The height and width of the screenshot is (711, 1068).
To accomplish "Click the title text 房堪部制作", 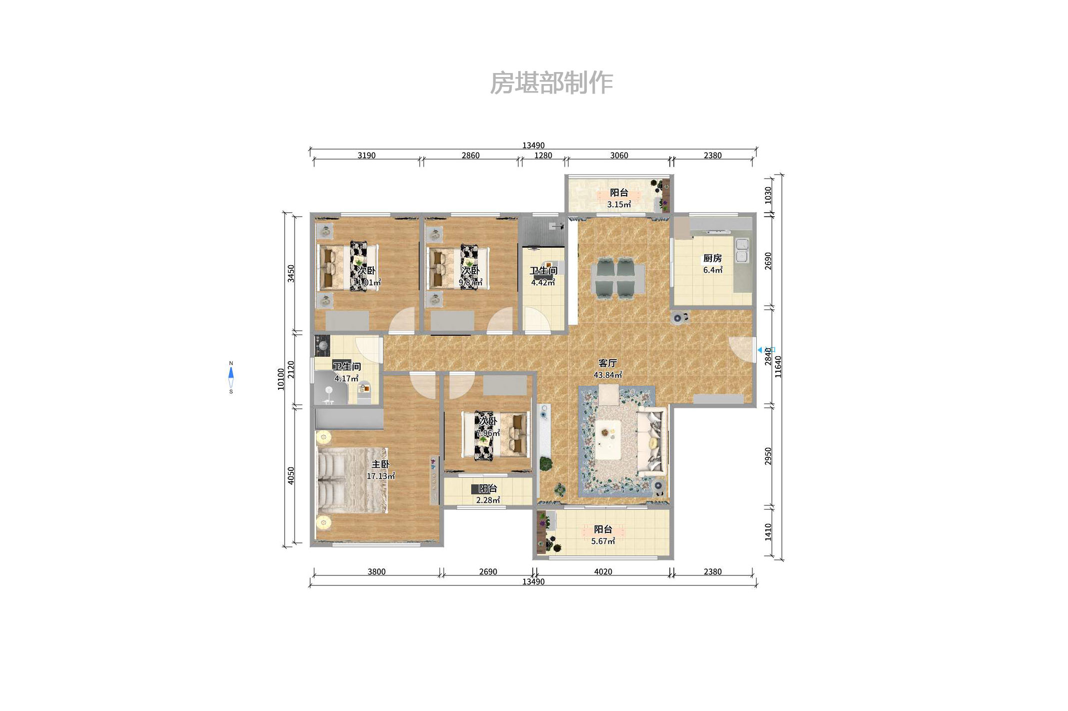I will pos(551,83).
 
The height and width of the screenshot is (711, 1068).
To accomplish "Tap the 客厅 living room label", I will pos(607,363).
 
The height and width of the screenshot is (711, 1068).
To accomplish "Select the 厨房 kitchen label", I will pos(712,258).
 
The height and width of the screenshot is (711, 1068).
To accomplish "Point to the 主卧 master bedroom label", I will pos(380,464).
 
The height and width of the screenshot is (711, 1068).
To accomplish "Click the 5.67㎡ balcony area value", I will pos(603,541).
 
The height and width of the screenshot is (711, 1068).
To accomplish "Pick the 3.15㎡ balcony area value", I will pos(619,205).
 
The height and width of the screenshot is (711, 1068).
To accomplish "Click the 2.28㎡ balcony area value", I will pos(488,500).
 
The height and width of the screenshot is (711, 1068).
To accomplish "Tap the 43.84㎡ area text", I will pos(607,375).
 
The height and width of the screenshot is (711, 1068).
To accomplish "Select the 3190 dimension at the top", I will pos(366,156).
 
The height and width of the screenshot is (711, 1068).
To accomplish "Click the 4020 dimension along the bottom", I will pos(603,571).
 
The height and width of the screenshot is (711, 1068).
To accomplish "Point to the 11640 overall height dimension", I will pos(778,366).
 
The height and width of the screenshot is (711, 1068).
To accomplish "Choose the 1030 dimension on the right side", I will pos(768,195).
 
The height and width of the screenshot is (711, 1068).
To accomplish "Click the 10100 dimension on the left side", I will pos(281,379).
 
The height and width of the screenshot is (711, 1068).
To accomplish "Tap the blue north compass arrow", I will pos(231,373).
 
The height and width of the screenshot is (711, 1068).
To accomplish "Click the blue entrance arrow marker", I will pos(760,350).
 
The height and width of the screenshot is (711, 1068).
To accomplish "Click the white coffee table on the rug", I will pos(608,439).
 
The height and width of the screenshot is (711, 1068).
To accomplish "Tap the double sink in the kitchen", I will pos(742,250).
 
